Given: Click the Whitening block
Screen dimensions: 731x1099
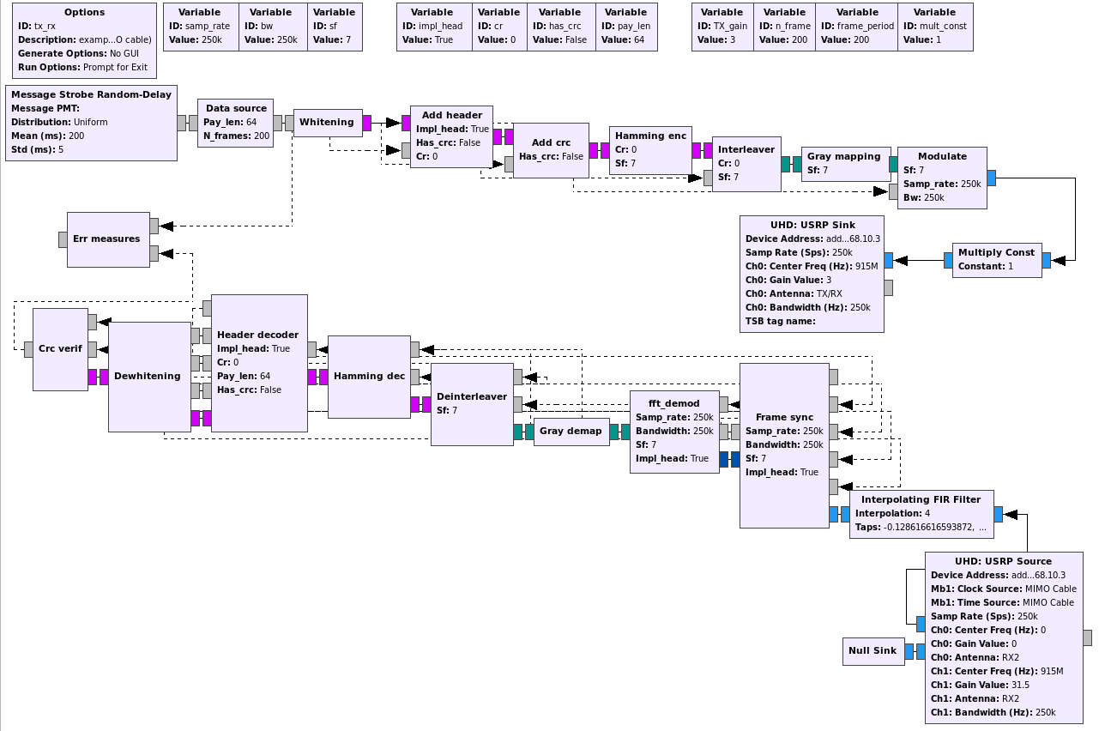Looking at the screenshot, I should point(327,123).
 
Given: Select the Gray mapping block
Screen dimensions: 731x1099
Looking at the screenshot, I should point(844,164).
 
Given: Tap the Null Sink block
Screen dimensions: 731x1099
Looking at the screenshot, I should point(872,651).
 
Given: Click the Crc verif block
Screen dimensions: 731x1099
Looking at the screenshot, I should point(60,349).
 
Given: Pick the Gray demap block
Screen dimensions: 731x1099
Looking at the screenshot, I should point(571,432).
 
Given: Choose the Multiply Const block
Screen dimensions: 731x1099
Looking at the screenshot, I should point(996,260).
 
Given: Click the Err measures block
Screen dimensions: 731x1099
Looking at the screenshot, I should point(107,239).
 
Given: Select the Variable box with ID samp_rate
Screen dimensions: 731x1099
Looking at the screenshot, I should point(200,27).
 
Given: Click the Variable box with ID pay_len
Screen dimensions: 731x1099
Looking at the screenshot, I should point(625,27).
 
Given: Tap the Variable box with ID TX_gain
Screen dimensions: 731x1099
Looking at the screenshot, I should point(722,27).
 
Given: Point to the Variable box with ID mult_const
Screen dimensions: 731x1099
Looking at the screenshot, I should point(935,27).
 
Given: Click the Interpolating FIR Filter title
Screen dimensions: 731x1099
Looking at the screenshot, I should point(921,499).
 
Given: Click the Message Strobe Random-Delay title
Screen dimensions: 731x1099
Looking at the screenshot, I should point(91,94).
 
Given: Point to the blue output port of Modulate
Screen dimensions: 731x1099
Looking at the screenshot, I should point(992,178).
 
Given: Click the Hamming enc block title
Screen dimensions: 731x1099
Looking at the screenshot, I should point(650,136).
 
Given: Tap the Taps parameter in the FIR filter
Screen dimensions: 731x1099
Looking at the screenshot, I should point(921,527).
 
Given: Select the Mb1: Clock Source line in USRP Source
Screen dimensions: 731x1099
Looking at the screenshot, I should point(1003,589).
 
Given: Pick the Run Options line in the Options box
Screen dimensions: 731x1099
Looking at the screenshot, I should point(82,67).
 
